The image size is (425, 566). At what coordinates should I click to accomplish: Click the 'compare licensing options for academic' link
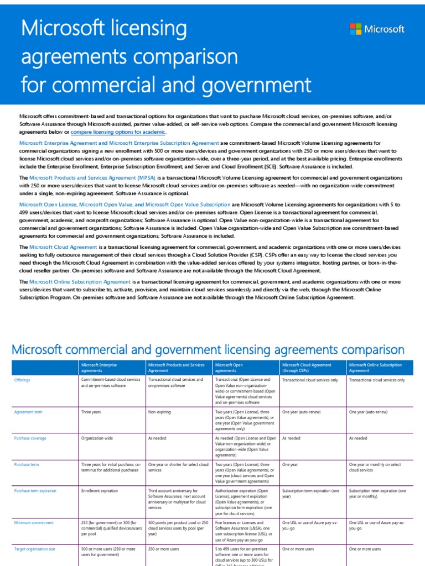[118, 132]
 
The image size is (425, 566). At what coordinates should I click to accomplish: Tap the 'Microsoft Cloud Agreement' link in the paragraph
[63, 247]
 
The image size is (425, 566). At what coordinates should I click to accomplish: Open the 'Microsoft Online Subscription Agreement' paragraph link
[80, 281]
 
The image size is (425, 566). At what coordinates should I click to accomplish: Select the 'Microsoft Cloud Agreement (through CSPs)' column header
[307, 368]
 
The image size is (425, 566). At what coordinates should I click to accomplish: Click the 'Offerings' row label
[22, 380]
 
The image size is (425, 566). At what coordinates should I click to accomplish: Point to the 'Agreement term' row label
[28, 412]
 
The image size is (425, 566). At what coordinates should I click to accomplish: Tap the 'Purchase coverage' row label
[30, 438]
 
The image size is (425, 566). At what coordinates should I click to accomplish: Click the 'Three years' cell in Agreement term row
[92, 412]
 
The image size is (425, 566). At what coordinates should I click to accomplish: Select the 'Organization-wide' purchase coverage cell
[97, 438]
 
